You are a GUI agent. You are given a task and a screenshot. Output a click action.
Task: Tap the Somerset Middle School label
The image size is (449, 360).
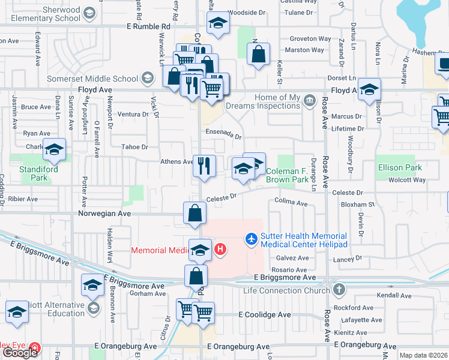tap(92, 79)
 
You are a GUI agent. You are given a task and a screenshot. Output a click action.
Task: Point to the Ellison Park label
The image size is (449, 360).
tap(399, 168)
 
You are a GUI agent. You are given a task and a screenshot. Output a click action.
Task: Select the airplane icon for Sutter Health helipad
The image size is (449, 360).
tap(252, 239)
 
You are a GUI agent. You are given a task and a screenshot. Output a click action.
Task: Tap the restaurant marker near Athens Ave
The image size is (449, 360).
tap(204, 165)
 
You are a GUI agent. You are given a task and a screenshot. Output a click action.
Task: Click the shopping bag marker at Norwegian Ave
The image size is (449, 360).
tap(195, 213)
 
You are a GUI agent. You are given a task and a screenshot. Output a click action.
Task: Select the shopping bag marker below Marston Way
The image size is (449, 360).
tap(258, 55)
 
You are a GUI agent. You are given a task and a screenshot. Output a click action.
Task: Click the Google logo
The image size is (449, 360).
tap(20, 353)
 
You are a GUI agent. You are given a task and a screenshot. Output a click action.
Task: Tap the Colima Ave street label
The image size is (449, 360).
tap(291, 203)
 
